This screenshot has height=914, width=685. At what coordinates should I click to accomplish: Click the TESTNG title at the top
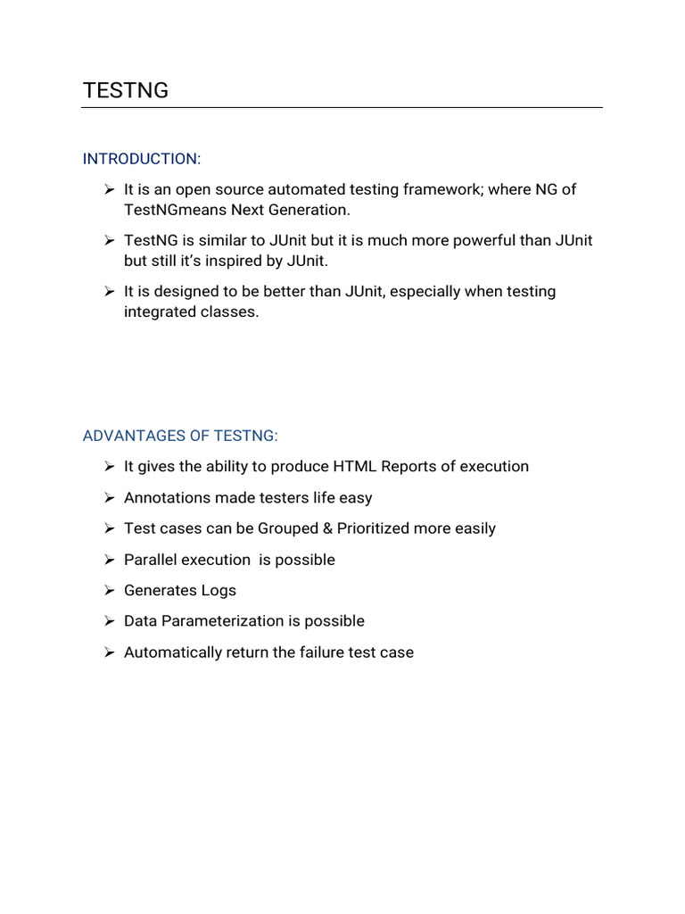(x=126, y=90)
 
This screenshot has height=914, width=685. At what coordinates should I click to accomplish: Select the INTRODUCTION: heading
(x=142, y=159)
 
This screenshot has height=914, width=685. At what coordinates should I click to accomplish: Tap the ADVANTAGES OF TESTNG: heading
(x=180, y=436)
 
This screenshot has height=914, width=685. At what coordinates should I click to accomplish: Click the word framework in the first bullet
(x=444, y=189)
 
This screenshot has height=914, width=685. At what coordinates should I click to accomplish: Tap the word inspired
(x=254, y=262)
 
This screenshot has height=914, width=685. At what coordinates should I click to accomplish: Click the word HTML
(x=353, y=467)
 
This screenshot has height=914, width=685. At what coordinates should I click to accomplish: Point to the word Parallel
(x=150, y=560)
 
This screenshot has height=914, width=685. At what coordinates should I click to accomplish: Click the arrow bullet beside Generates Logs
(x=109, y=591)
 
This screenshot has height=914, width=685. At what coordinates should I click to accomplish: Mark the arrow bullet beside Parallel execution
(x=109, y=560)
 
